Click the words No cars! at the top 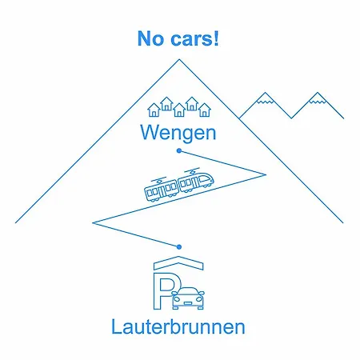click(178, 38)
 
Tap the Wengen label click(178, 133)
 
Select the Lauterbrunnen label click(178, 326)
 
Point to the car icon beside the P click(189, 298)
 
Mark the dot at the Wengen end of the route click(179, 151)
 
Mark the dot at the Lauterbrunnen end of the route click(179, 247)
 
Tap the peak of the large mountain click(179, 59)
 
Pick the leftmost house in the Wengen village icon click(154, 110)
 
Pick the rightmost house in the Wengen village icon click(205, 110)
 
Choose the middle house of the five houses click(179, 110)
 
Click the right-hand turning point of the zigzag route click(266, 174)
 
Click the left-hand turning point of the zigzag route click(93, 222)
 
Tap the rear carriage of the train click(161, 189)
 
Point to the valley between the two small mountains click(291, 118)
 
